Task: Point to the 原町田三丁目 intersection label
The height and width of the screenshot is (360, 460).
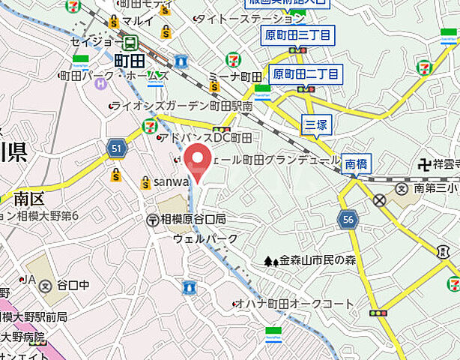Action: pyautogui.click(x=297, y=34)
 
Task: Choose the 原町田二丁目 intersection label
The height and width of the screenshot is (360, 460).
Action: pyautogui.click(x=306, y=73)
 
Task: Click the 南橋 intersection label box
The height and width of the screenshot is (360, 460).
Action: pyautogui.click(x=357, y=163)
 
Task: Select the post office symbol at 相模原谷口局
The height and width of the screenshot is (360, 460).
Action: pyautogui.click(x=152, y=219)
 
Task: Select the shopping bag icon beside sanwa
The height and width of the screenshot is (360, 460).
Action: pyautogui.click(x=145, y=182)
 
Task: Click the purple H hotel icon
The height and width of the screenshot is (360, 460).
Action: pyautogui.click(x=100, y=82)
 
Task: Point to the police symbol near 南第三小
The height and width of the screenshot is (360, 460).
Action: pyautogui.click(x=380, y=200)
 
